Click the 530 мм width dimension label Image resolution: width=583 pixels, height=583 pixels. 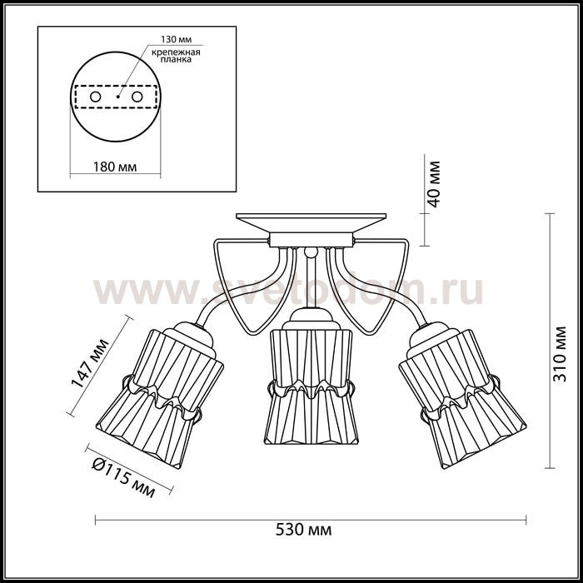click(x=303, y=530)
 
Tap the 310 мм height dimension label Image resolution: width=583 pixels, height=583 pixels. click(x=559, y=354)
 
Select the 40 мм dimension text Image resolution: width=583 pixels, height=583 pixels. click(x=433, y=184)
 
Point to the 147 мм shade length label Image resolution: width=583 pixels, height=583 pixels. click(x=90, y=363)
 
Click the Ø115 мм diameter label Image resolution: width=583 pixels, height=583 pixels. click(x=123, y=477)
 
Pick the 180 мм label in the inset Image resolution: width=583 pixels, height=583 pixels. click(x=115, y=167)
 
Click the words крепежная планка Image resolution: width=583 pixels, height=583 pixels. click(x=176, y=56)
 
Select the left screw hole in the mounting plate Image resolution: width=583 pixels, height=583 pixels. click(x=95, y=97)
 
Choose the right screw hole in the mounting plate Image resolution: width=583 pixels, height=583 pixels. click(x=137, y=97)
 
